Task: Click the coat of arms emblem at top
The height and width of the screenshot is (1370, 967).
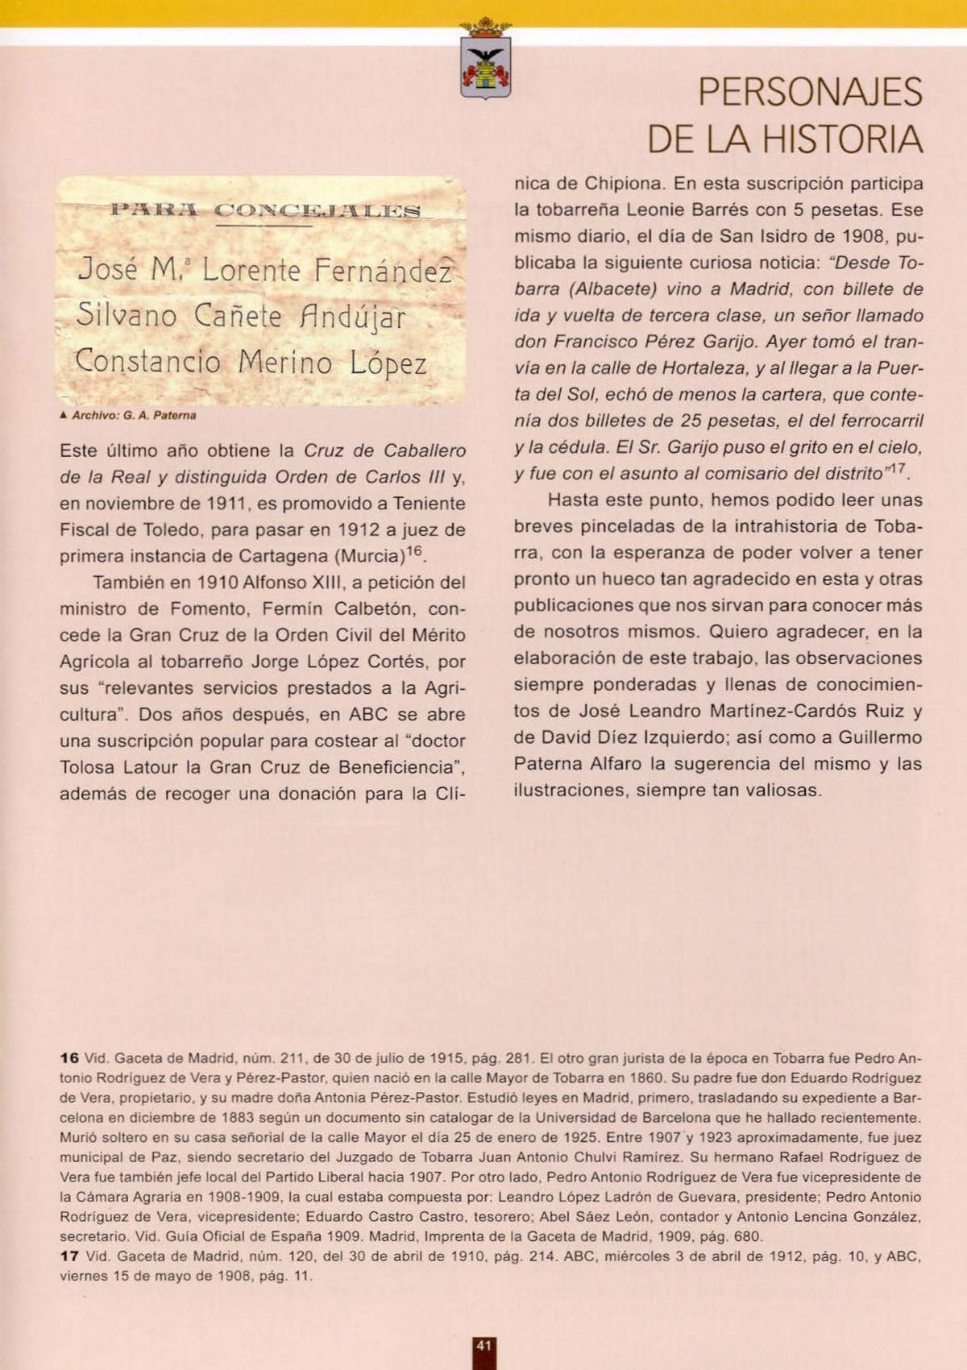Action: [485, 60]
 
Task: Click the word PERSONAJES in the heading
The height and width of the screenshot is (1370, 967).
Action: [809, 92]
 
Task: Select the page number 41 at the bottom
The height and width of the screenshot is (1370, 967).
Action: [483, 1346]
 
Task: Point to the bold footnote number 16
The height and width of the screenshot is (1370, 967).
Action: [69, 1058]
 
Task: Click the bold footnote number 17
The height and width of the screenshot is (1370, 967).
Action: [69, 1256]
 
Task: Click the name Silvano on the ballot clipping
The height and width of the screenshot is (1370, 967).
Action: [126, 315]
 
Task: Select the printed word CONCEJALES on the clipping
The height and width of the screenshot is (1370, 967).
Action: [318, 211]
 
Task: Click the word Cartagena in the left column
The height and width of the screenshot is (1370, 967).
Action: [283, 556]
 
